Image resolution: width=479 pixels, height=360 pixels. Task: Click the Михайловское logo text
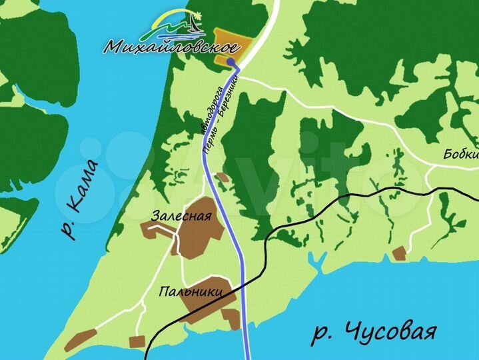(172, 47)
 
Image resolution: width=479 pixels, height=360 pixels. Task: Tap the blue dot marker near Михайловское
(230, 62)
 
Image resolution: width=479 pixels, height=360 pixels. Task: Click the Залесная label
(181, 216)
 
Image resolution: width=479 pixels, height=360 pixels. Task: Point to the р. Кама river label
(79, 199)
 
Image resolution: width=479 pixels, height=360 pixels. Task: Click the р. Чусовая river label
(374, 331)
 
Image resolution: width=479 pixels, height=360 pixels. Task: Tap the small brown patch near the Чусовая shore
(399, 253)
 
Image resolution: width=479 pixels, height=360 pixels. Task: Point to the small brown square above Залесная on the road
(222, 178)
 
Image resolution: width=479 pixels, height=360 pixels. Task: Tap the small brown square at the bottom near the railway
(137, 342)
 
